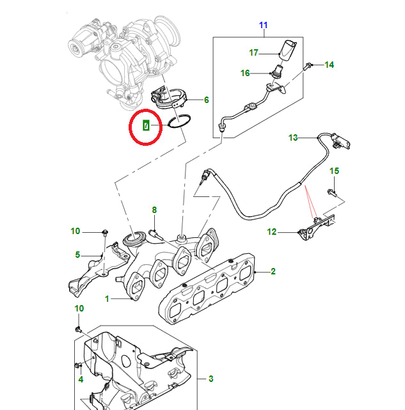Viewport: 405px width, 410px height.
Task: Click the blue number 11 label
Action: click(263, 25)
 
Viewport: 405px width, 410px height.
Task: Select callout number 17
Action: click(253, 52)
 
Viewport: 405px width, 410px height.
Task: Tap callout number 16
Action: click(245, 73)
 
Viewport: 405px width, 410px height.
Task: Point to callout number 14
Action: click(329, 65)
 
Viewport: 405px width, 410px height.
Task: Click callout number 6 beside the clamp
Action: click(206, 100)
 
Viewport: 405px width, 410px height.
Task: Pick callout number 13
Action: click(293, 138)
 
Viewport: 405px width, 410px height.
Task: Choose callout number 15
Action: click(333, 171)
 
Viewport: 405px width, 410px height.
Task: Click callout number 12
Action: click(272, 232)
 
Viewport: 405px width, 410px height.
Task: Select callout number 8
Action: click(154, 210)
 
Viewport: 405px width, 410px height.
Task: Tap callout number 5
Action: click(77, 255)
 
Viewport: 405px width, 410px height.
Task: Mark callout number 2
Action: click(273, 272)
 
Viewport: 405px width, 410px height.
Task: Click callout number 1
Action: click(107, 299)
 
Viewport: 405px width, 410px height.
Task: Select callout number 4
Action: click(81, 379)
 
